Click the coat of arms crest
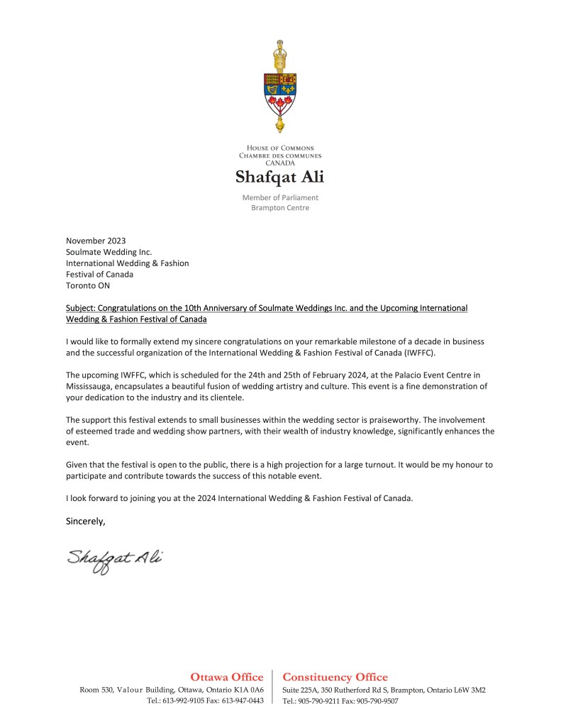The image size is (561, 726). (x=280, y=87)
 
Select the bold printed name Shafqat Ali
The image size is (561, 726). (x=280, y=177)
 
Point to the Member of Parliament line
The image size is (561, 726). (x=280, y=197)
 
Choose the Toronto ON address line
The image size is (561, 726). (x=88, y=286)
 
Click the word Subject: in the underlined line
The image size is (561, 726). (x=80, y=308)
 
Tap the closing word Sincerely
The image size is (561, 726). (x=85, y=522)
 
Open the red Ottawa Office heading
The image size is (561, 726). (x=227, y=677)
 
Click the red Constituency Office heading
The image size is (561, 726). (x=335, y=677)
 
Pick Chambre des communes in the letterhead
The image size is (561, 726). (x=280, y=155)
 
